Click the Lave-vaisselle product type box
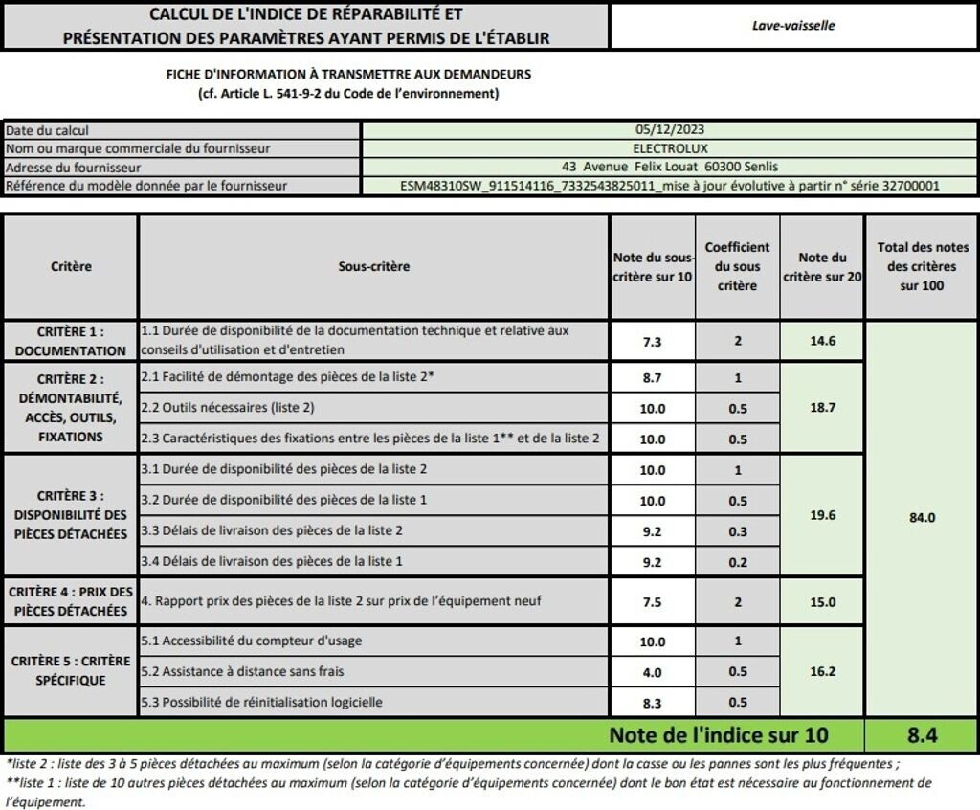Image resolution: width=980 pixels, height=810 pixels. pos(793,26)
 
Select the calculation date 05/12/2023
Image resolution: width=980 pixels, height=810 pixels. pos(670,129)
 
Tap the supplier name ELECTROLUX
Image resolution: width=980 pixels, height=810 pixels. pos(670,147)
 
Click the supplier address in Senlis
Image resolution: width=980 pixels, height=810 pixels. pos(670,166)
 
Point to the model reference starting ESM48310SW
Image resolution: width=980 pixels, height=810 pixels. pos(670,185)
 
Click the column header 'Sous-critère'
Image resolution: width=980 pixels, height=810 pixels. pos(373,266)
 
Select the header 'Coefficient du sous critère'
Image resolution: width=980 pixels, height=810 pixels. pos(737,266)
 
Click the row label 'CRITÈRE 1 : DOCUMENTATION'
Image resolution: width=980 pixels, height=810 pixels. pos(71,341)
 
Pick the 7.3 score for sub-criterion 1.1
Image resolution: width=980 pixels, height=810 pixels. pos(652,341)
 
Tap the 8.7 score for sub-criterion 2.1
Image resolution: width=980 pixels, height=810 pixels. pos(652,378)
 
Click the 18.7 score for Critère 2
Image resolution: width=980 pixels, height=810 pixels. pos(822,407)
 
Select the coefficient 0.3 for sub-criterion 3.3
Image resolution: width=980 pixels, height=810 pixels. pos(738,530)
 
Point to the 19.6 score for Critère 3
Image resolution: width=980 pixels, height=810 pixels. pos(822,515)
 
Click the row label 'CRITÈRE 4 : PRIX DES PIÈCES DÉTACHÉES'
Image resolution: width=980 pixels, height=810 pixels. pos(71,601)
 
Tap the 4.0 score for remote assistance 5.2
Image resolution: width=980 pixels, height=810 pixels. pos(652,672)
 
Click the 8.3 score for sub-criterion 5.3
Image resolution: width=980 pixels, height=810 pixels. pos(652,702)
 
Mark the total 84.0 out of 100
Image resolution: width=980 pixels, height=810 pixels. pos(922,517)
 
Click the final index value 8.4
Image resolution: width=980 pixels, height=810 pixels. pos(922,735)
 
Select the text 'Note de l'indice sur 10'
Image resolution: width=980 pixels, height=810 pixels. pos(718,735)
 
